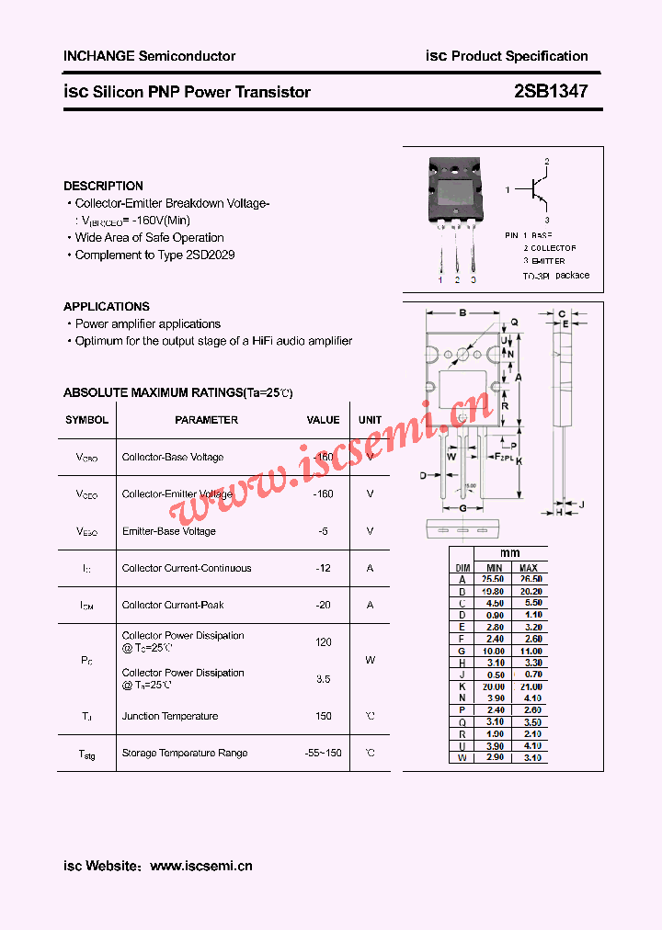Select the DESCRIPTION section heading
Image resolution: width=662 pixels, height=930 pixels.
click(103, 186)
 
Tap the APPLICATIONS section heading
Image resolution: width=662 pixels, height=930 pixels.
click(107, 306)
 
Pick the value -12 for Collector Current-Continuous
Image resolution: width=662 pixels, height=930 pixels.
click(323, 568)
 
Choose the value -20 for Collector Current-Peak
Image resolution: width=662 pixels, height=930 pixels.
click(323, 605)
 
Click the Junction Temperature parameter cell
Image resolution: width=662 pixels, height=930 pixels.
click(170, 716)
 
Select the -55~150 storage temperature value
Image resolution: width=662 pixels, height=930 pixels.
click(323, 753)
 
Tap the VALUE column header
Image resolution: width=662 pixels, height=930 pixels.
click(323, 420)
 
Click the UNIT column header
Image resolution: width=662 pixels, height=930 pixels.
click(370, 420)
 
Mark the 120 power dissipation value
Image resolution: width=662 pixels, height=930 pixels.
click(323, 641)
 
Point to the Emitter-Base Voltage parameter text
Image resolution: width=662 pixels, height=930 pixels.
click(169, 531)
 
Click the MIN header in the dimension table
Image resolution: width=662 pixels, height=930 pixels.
click(495, 568)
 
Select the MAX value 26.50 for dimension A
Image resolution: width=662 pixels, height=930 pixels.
click(530, 580)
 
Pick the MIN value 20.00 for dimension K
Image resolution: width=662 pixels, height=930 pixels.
click(495, 686)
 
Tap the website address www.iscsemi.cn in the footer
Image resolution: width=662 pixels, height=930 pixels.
click(200, 866)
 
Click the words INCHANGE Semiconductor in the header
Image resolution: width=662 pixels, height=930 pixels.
click(149, 56)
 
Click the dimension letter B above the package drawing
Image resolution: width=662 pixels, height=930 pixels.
click(462, 313)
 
